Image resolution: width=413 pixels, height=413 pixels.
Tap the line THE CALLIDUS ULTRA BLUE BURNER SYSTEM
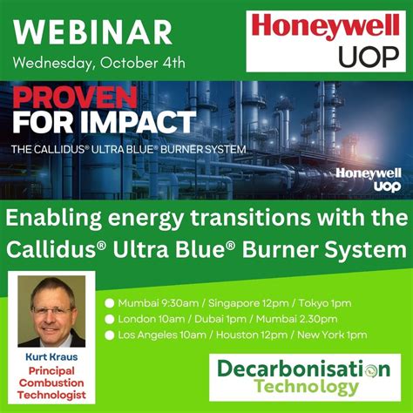[127, 149]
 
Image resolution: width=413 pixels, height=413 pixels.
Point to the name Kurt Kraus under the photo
[51, 357]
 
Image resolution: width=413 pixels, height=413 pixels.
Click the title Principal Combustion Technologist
[51, 383]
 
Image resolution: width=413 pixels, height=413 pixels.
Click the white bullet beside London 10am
[110, 319]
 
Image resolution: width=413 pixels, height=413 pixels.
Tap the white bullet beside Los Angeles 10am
[110, 335]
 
